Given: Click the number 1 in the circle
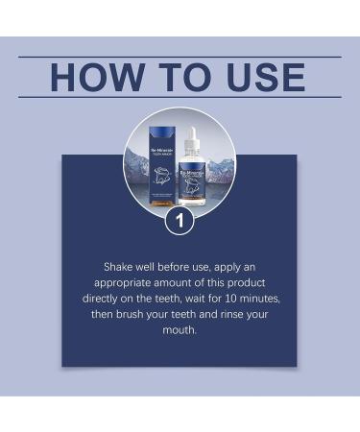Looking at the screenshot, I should pyautogui.click(x=180, y=220).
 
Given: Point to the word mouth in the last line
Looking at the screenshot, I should pyautogui.click(x=180, y=329).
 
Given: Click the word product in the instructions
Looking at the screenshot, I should pyautogui.click(x=245, y=283).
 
